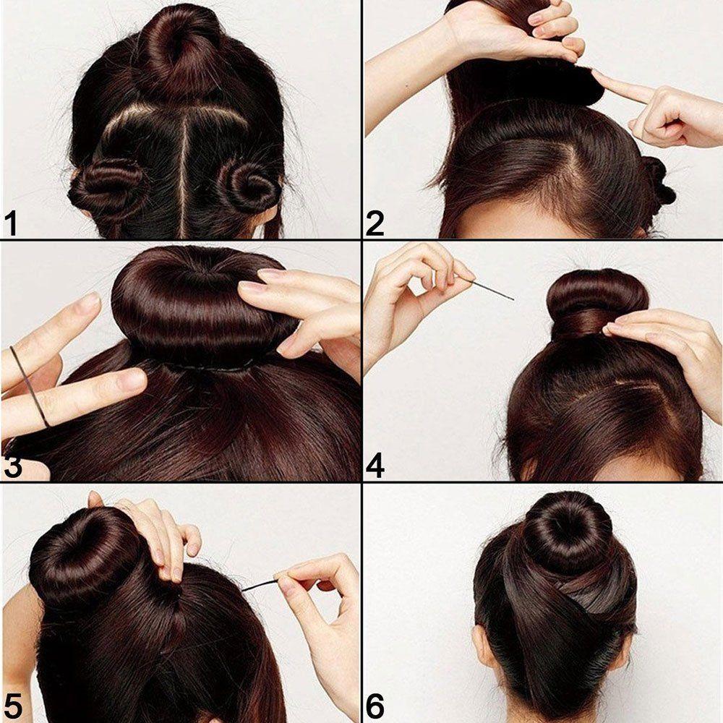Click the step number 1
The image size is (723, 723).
click(x=11, y=223)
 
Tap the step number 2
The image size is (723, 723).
click(x=375, y=223)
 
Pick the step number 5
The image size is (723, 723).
click(x=12, y=706)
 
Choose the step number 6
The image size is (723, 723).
click(x=375, y=706)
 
